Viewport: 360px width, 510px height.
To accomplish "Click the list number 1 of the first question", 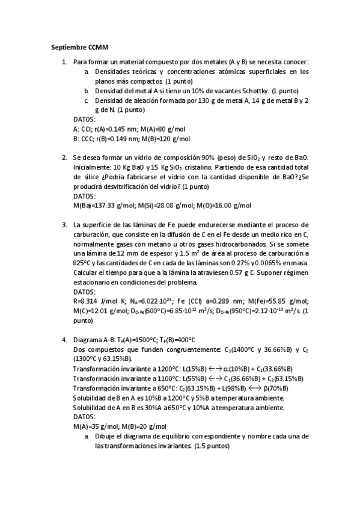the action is pyautogui.click(x=64, y=62).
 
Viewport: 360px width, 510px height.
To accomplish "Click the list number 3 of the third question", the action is pyautogui.click(x=64, y=225).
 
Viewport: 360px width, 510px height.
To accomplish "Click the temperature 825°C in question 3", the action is pyautogui.click(x=82, y=263).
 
